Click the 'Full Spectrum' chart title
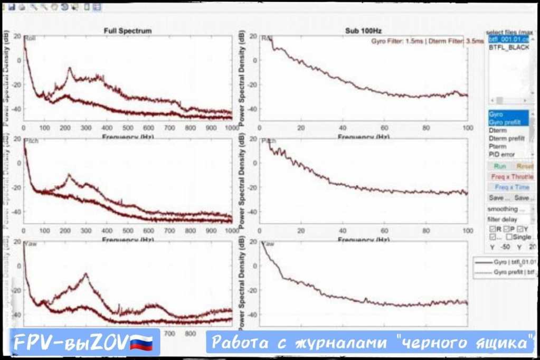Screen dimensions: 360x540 127,31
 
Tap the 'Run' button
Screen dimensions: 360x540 499,166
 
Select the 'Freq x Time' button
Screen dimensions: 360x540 511,187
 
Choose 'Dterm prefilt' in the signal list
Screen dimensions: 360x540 506,138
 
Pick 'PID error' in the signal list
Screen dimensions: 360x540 501,155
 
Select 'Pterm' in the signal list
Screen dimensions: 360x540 497,147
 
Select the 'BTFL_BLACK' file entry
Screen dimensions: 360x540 508,48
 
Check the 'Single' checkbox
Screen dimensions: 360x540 510,238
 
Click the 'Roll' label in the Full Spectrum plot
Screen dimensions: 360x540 30,39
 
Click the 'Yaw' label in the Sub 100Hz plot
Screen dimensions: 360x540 268,244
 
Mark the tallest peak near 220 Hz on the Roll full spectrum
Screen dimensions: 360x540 70,69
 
